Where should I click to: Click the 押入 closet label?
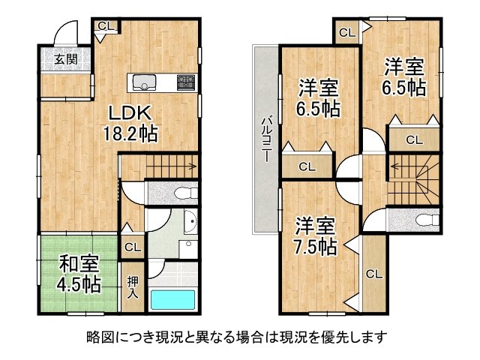(133, 287)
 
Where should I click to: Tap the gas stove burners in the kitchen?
(185, 82)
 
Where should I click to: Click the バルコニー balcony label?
(265, 139)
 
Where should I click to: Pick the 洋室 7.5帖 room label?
(314, 235)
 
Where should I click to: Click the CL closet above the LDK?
(106, 26)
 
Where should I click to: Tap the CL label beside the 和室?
(133, 246)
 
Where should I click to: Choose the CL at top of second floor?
(346, 31)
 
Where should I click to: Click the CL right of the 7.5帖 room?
(373, 274)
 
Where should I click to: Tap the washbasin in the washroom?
(189, 223)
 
